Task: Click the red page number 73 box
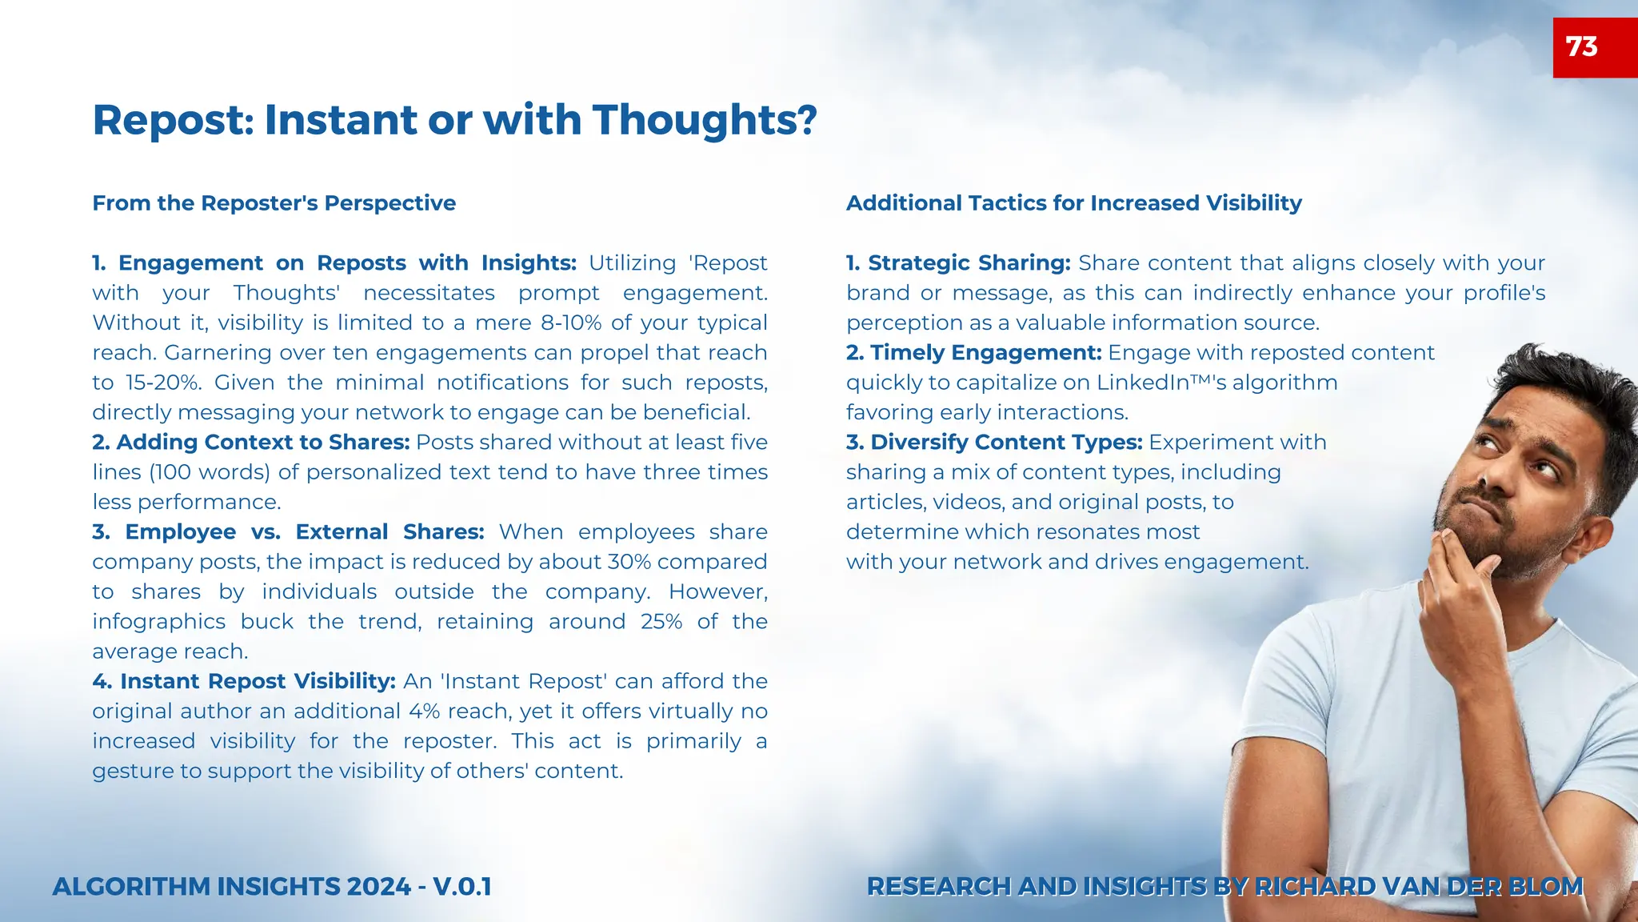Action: [1594, 47]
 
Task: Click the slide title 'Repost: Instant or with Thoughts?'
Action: [454, 120]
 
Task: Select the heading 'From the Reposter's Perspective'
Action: [274, 203]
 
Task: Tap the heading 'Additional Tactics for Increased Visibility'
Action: [1073, 203]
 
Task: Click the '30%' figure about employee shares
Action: [629, 562]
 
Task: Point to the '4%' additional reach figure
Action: [424, 712]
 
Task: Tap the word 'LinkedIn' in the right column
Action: [1142, 383]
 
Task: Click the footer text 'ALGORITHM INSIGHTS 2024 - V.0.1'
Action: [272, 887]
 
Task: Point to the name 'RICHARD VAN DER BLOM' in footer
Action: [1418, 887]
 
